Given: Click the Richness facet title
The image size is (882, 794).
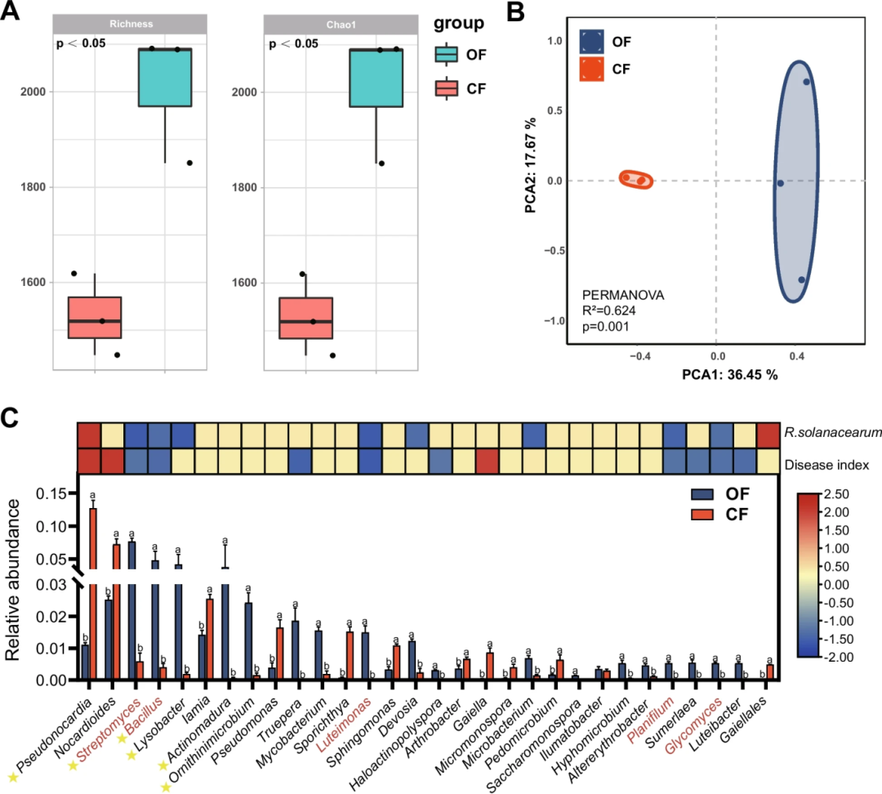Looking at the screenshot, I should pos(131,25).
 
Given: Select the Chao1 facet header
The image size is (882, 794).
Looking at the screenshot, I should pos(341,25).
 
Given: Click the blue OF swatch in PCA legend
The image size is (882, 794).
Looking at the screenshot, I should pos(593,41).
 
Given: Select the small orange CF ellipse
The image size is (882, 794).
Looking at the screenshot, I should pos(635,180).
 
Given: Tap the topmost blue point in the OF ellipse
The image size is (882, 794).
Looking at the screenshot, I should pos(806,82).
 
